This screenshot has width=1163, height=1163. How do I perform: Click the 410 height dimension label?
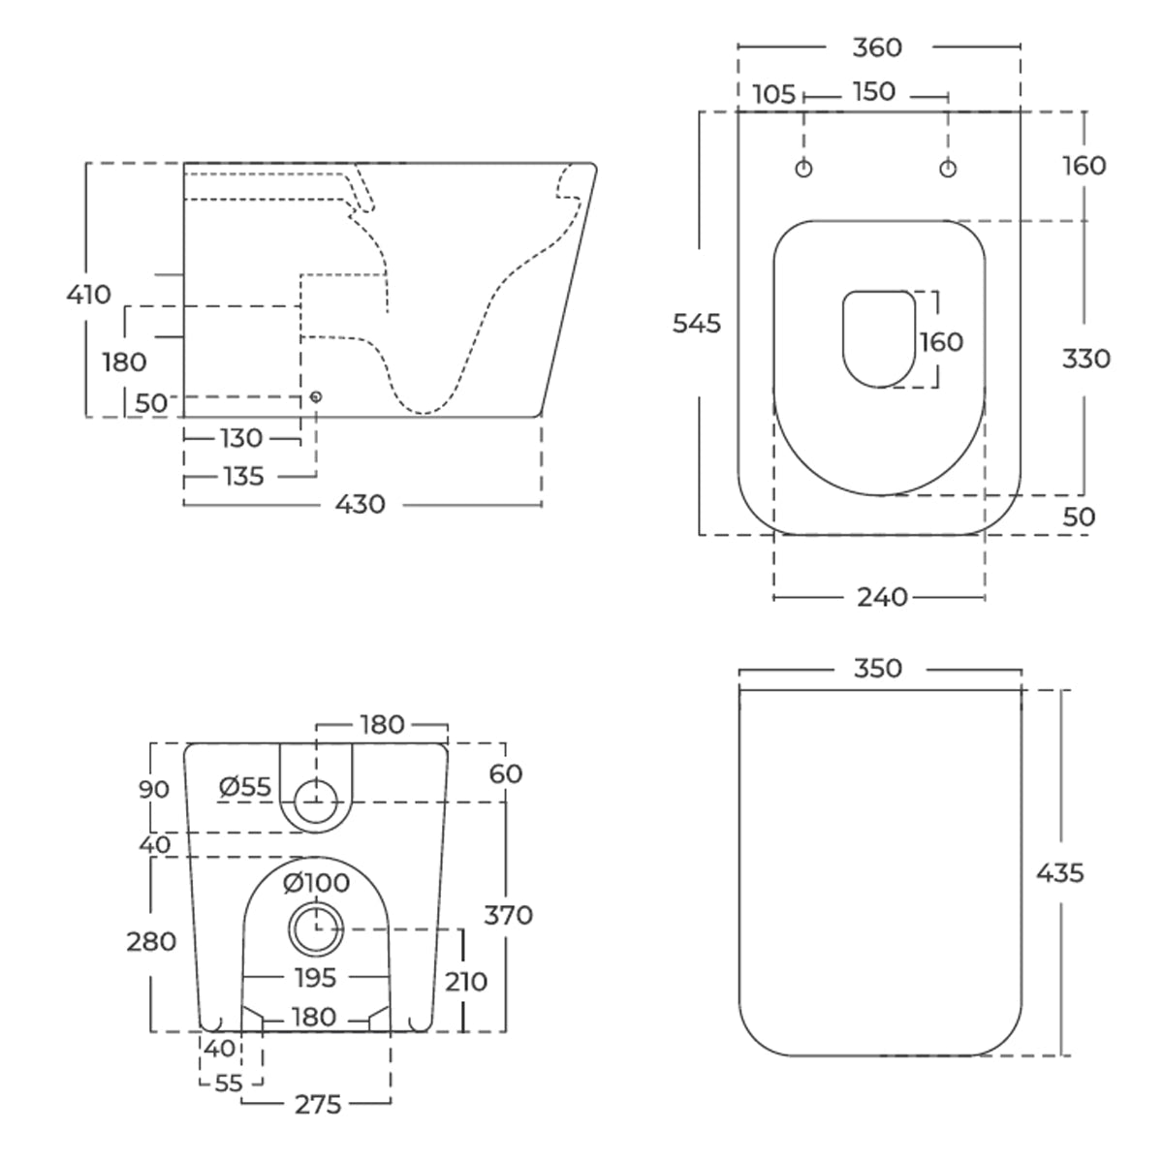coord(89,295)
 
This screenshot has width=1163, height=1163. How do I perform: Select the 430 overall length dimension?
coord(361,505)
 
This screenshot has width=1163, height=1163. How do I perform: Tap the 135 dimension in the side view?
coord(244,477)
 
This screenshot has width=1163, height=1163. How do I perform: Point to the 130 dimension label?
coord(241,438)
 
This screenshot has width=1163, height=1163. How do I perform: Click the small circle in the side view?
coord(316,396)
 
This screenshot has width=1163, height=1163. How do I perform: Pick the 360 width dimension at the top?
coord(877,47)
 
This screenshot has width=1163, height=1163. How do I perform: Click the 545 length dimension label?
coord(697,324)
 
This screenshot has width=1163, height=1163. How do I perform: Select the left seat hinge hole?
coord(803,169)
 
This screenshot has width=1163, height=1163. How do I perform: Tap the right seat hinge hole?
coord(948,169)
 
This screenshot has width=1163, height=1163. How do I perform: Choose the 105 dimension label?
coord(774,95)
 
